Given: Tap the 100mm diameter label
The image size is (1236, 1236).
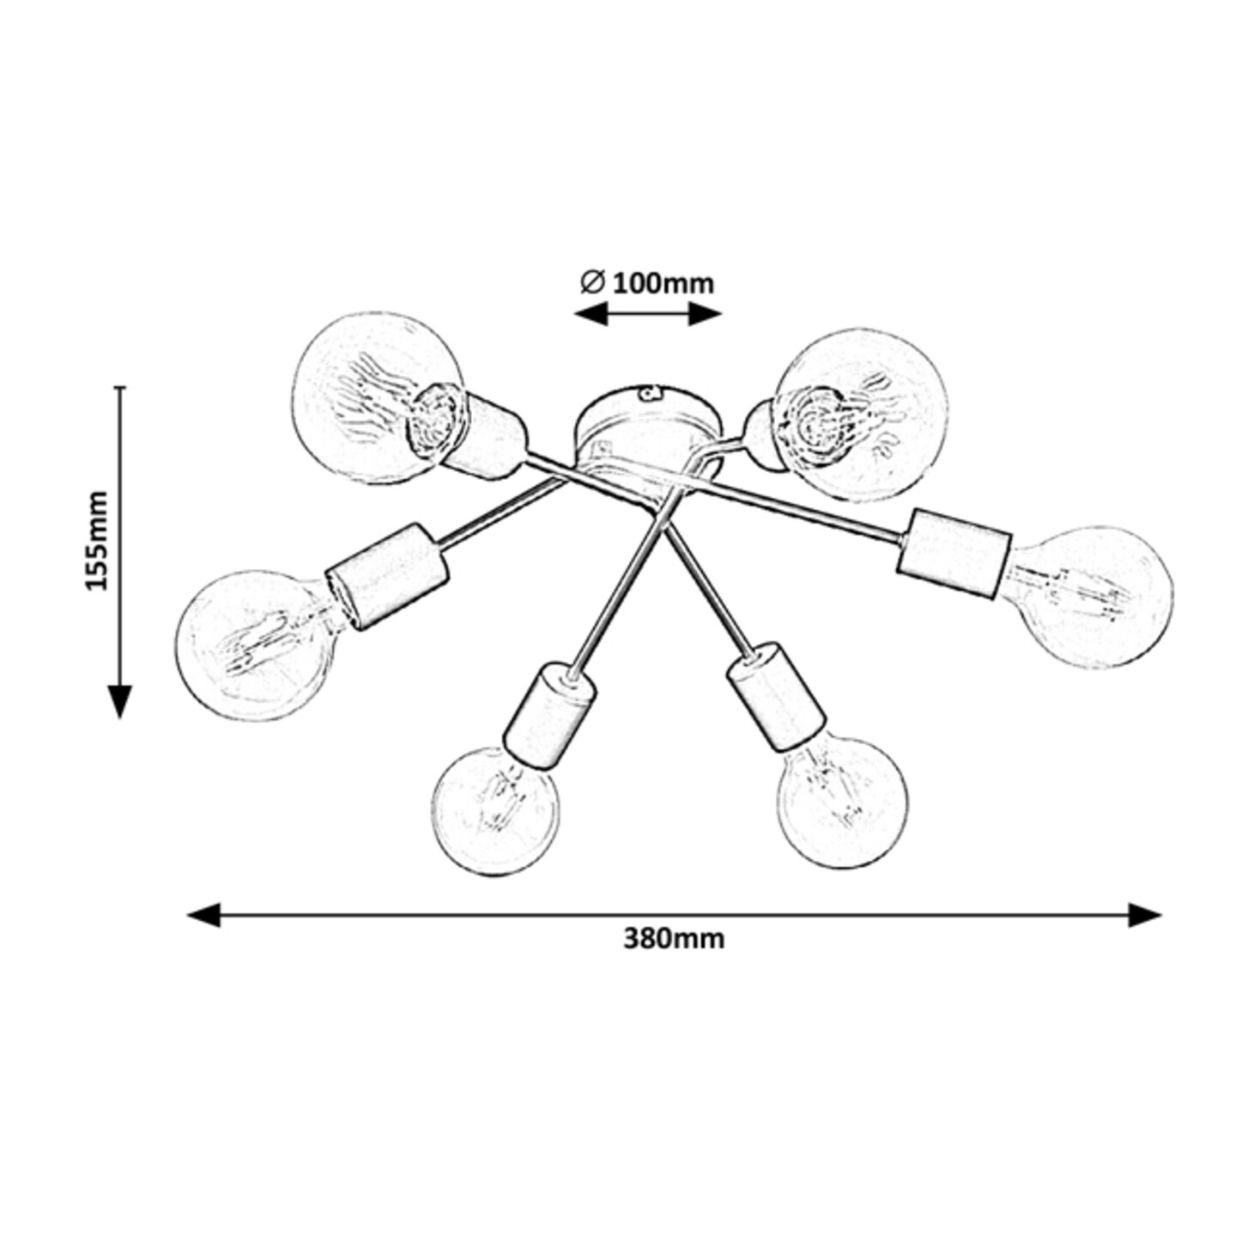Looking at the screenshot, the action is point(663,283).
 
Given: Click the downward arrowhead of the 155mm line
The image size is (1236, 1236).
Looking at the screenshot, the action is point(120,701).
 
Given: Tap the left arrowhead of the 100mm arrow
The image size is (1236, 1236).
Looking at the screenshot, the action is point(590,314).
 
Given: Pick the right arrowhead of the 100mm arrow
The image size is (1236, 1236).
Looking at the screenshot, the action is point(705,314).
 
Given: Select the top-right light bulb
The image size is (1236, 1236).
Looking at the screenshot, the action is point(862,415).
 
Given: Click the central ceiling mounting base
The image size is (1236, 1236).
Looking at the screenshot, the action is point(648,432).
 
